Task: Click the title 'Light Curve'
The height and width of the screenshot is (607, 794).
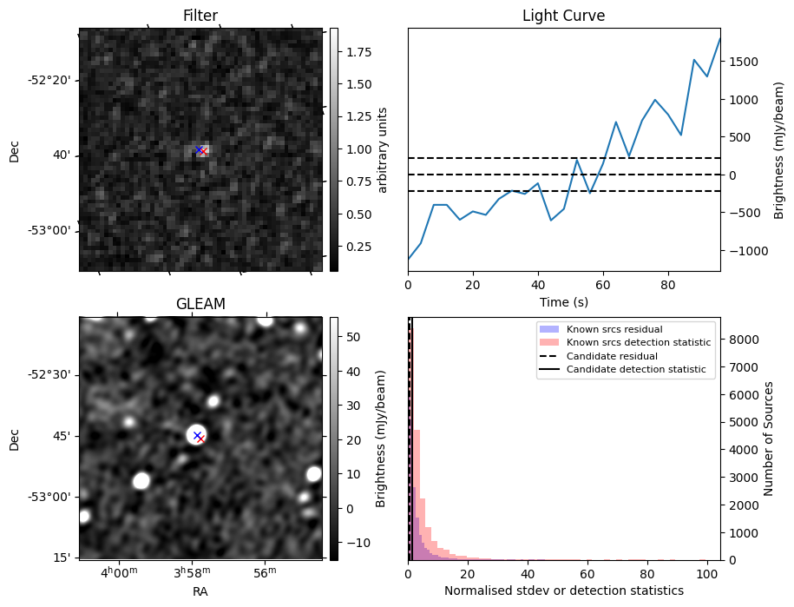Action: click(563, 16)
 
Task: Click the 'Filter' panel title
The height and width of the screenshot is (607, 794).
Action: click(200, 16)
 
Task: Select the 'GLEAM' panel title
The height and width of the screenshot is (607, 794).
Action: click(200, 304)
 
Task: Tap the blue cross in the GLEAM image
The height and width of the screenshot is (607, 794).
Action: click(197, 435)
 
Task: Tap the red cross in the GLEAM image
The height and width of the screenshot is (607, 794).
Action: click(200, 439)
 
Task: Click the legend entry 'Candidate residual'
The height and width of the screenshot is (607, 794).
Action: click(612, 356)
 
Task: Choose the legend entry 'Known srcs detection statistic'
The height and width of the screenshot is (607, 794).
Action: click(638, 343)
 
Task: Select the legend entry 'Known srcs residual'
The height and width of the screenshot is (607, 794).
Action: click(614, 329)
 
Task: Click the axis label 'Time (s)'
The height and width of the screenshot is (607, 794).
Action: click(563, 301)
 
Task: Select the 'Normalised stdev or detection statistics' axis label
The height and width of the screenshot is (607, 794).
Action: click(563, 591)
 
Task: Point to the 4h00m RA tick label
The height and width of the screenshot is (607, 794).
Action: click(119, 573)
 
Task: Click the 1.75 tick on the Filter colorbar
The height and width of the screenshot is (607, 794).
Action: click(358, 52)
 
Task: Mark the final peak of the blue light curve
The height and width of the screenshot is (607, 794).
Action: click(719, 39)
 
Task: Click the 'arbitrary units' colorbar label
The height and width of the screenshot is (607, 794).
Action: click(383, 149)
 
